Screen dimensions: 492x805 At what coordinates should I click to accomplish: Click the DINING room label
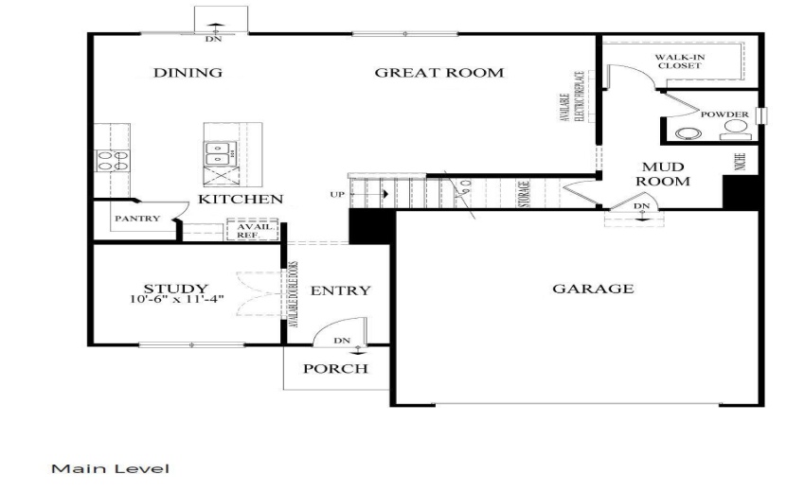pos(188,73)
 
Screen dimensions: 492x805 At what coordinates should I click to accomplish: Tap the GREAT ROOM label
pos(438,73)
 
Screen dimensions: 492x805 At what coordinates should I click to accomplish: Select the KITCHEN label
pos(240,200)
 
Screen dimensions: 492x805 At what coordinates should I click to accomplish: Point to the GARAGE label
pos(593,289)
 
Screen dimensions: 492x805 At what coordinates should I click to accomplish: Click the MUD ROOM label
pos(662,173)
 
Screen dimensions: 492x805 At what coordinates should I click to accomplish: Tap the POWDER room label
pos(724,115)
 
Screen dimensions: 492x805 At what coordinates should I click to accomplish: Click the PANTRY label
pos(134,219)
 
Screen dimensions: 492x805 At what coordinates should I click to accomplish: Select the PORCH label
pos(334,368)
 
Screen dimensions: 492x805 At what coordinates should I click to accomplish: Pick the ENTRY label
pos(340,290)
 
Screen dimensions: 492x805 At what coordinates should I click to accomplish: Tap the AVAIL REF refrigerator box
pos(246,230)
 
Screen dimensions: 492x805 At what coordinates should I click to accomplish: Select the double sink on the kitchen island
pos(219,149)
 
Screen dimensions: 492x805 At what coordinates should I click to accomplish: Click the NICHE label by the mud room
pos(740,159)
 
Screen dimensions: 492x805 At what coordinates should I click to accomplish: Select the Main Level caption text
pos(110,468)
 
